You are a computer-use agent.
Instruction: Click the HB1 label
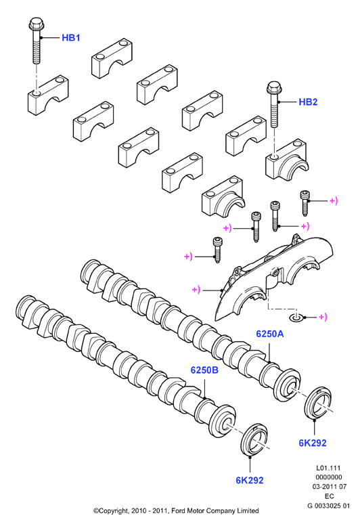[x=71, y=38]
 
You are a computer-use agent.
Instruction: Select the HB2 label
[x=308, y=102]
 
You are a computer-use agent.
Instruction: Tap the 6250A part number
[x=270, y=334]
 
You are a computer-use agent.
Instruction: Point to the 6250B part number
[x=204, y=370]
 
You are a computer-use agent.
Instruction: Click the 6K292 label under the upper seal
[x=313, y=443]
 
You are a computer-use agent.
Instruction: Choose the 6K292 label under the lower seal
[x=250, y=480]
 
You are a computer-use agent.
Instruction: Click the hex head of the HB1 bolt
[x=35, y=24]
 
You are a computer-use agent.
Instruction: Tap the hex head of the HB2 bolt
[x=273, y=87]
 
